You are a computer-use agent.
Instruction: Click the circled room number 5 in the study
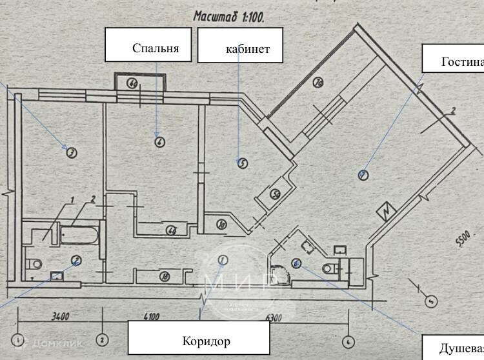(x=241, y=163)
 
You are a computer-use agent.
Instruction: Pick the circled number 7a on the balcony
(x=318, y=82)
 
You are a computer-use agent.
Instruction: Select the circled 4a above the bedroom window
(x=132, y=83)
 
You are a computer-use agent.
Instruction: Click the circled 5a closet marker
(x=274, y=193)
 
